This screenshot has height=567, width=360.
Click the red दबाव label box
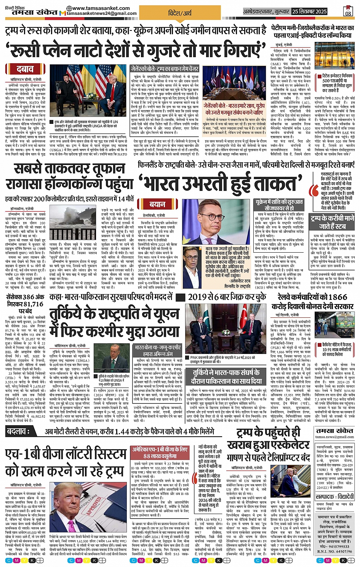25,69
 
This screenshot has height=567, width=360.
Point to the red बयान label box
157,204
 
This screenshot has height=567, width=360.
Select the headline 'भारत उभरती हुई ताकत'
219,183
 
